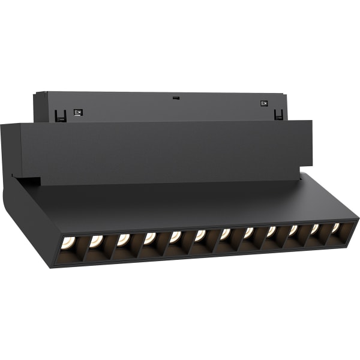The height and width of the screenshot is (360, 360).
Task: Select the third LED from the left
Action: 123,239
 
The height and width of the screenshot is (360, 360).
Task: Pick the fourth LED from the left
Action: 149,238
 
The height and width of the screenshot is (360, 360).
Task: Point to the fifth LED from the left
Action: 175,236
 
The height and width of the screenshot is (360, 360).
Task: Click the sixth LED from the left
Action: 200,235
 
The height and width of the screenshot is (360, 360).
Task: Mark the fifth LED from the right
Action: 248,232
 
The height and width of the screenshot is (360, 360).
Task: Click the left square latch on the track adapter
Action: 77,112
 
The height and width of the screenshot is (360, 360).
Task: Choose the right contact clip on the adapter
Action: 277,113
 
